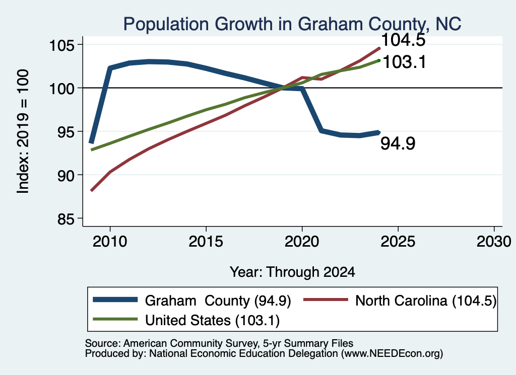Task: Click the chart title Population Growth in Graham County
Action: (x=292, y=24)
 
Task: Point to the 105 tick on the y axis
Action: (x=61, y=45)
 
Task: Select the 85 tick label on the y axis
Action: (x=66, y=219)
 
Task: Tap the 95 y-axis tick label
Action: (x=66, y=132)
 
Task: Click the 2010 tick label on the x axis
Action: (x=110, y=242)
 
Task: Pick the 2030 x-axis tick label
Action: (x=494, y=242)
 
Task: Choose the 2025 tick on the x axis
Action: (x=398, y=242)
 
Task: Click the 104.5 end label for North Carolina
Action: (x=403, y=40)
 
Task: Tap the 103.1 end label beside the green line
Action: (x=404, y=62)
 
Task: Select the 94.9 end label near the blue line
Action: (x=398, y=143)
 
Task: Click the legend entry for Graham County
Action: (x=192, y=301)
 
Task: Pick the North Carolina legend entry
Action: (x=400, y=301)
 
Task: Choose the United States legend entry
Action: (x=186, y=320)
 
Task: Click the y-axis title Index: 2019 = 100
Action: (x=23, y=131)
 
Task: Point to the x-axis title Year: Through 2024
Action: (x=292, y=272)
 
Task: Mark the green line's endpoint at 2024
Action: (x=379, y=60)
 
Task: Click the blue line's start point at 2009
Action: (x=92, y=142)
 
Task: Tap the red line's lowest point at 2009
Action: (x=92, y=190)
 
